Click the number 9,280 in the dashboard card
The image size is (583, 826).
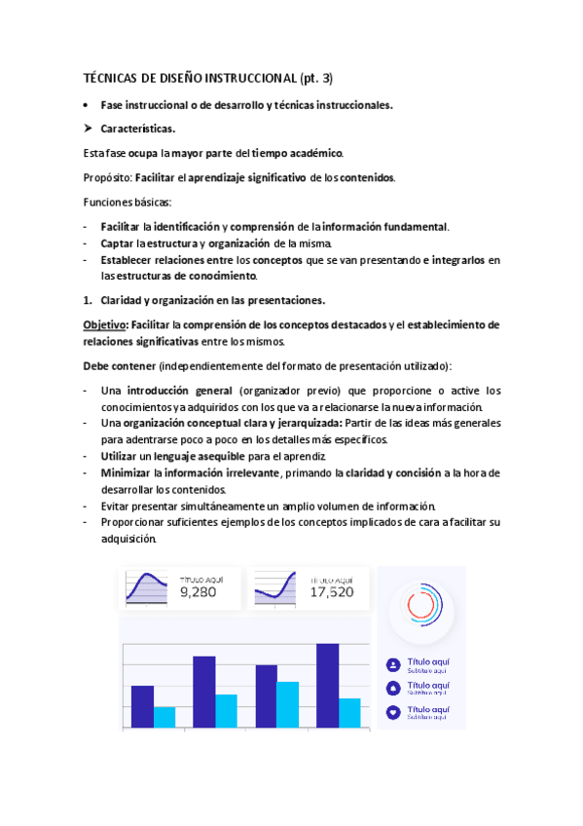[198, 591]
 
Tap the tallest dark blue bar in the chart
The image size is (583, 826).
[327, 685]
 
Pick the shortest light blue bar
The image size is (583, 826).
[164, 717]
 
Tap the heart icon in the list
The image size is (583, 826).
[393, 712]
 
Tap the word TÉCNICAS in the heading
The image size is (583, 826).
[111, 79]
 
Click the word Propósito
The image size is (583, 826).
[106, 177]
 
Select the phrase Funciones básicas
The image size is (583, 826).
[126, 202]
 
